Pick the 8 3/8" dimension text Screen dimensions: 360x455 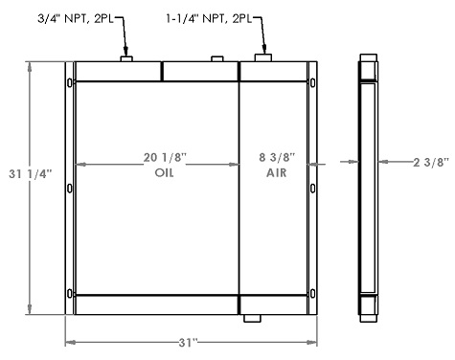point(276,156)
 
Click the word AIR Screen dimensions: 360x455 point(276,172)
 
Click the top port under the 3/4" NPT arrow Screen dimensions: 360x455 point(126,59)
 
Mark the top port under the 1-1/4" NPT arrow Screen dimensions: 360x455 point(262,58)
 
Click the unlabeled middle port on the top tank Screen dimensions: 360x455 point(217,60)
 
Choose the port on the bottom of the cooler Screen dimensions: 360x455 point(252,318)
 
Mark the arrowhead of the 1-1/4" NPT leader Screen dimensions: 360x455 point(262,49)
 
